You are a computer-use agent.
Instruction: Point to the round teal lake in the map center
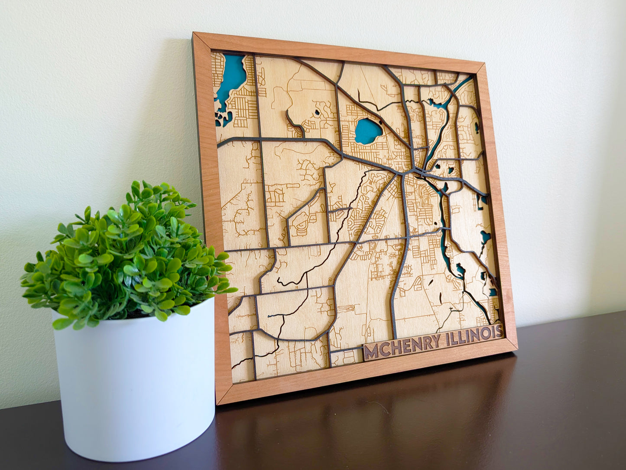tap(368, 131)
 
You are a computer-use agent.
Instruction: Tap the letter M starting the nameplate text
tap(371, 352)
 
